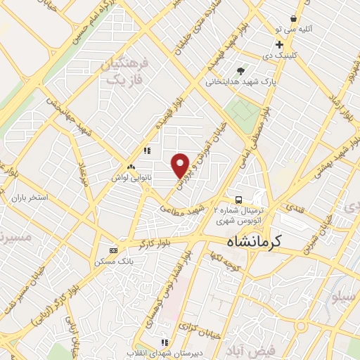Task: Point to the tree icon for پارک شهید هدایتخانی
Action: click(241, 70)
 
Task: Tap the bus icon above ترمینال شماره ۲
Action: click(239, 199)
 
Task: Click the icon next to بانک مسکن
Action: click(114, 250)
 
